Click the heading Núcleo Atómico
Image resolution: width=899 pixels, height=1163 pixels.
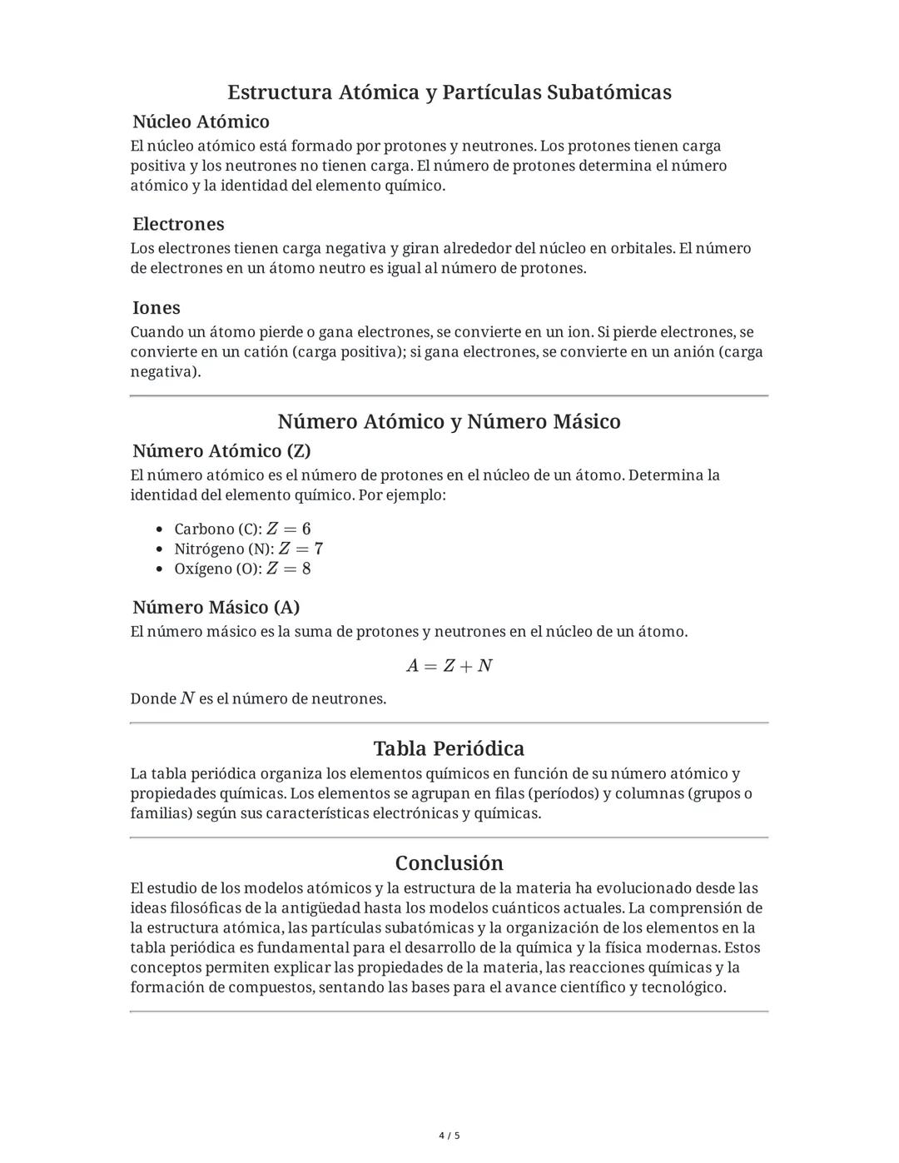click(x=201, y=122)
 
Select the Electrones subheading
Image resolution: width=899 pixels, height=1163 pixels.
click(x=178, y=224)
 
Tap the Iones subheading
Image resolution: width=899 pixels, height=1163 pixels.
click(x=156, y=307)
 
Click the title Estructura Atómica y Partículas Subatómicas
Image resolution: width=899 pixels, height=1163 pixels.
click(x=449, y=92)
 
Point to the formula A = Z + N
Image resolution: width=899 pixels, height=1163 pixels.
click(x=449, y=666)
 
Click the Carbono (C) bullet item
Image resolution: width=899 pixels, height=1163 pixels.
click(x=241, y=529)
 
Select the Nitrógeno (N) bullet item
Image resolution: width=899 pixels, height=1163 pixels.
click(x=247, y=549)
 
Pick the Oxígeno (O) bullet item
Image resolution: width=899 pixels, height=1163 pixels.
click(x=241, y=569)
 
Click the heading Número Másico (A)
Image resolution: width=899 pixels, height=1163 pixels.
click(x=216, y=607)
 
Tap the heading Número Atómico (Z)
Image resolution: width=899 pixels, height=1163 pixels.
click(x=221, y=450)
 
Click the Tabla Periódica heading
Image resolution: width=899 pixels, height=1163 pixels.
click(x=449, y=748)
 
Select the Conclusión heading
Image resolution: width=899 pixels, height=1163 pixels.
click(x=449, y=862)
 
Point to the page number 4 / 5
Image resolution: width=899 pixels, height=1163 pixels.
click(x=449, y=1136)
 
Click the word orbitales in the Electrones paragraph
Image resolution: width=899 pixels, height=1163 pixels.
click(x=641, y=248)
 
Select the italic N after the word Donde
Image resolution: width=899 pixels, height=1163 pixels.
click(x=187, y=698)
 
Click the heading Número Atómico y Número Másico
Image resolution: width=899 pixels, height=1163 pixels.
click(x=449, y=421)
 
